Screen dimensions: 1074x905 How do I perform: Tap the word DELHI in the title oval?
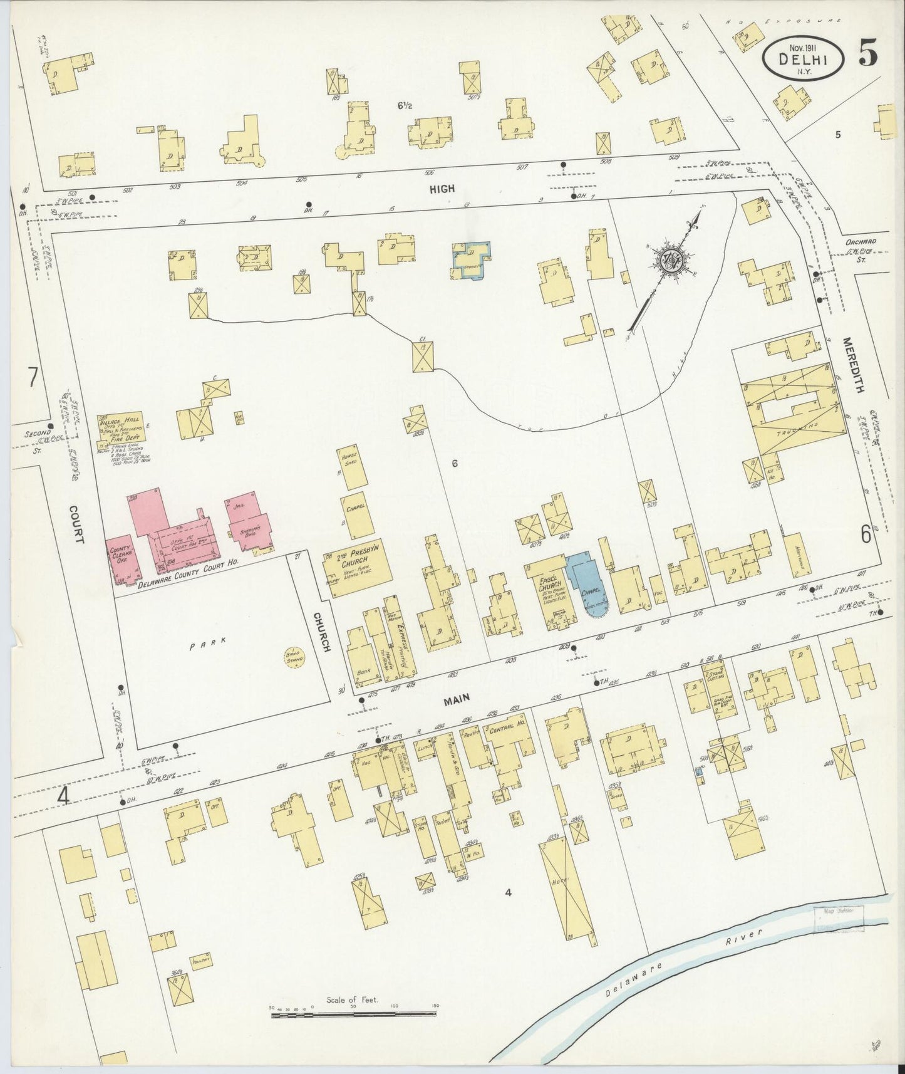pyautogui.click(x=803, y=59)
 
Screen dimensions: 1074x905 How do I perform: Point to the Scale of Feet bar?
pyautogui.click(x=354, y=1013)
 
